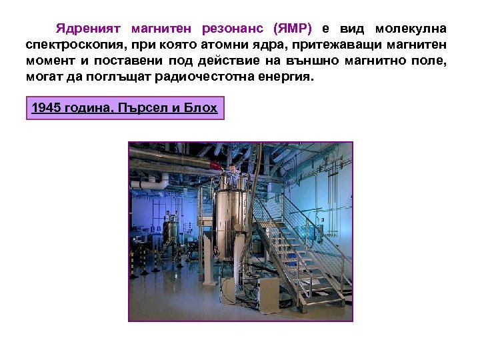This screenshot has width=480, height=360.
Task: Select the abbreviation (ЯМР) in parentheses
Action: (293, 30)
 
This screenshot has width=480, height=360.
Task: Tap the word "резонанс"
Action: (232, 30)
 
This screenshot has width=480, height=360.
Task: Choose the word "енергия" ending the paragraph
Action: (286, 77)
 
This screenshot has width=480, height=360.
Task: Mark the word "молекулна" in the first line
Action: (411, 30)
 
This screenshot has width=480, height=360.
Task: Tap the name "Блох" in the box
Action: (201, 107)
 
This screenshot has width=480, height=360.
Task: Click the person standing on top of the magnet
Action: (233, 175)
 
